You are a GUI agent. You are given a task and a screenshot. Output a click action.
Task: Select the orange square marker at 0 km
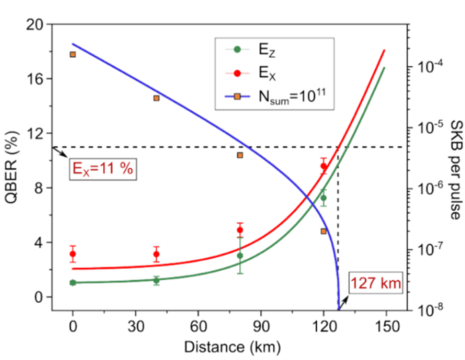pos(73,54)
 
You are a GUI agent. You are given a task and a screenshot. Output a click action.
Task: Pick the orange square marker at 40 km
pos(156,98)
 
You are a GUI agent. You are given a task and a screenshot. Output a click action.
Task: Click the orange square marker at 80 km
pos(240,155)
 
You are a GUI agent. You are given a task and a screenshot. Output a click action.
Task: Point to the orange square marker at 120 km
pos(323,231)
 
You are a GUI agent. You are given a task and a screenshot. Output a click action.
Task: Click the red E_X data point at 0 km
pos(73,254)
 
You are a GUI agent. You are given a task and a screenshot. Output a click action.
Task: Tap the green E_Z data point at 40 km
pos(156,280)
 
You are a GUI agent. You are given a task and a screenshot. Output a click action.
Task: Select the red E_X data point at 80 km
pos(240,230)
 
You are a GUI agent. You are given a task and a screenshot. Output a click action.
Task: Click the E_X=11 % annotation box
pos(103,169)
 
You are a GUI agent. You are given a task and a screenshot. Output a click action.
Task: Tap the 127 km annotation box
pos(375,283)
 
